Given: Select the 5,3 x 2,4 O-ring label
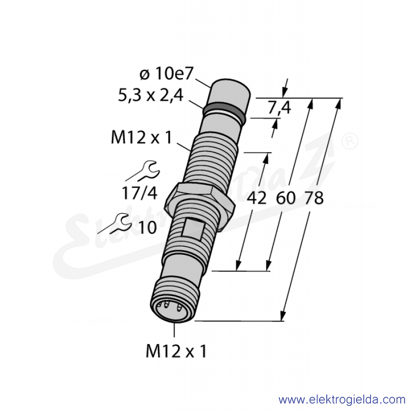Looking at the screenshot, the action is (x=151, y=95).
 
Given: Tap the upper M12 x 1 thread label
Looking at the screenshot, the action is (x=141, y=137).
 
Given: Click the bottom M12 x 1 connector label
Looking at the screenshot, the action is (x=176, y=351).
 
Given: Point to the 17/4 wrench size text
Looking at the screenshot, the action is (x=139, y=194).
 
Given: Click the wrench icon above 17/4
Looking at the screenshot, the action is (x=143, y=171).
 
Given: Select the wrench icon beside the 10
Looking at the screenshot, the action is (x=115, y=223).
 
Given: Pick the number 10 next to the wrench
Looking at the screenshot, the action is (x=147, y=227).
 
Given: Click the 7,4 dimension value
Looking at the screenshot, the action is (x=279, y=108).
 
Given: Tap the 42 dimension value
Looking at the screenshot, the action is (x=256, y=198).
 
